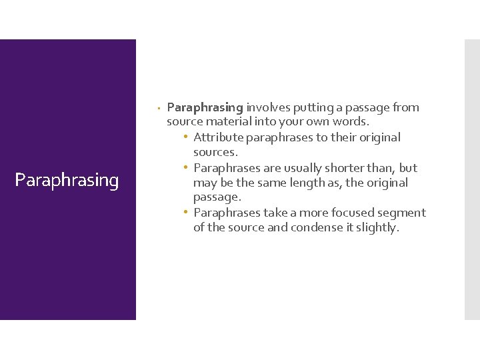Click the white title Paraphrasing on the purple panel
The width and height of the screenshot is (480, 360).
[67, 181]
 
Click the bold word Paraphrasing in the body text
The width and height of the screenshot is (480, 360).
[205, 107]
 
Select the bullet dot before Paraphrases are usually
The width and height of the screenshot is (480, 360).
[187, 168]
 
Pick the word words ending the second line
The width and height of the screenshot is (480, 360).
[352, 123]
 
